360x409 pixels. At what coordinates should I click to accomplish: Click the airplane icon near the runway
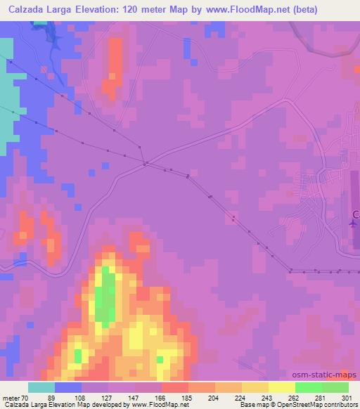(352, 223)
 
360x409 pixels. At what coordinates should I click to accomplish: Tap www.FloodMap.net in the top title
(236, 10)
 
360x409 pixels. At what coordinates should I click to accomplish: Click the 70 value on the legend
(23, 398)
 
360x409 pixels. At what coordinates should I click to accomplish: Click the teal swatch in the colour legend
(41, 387)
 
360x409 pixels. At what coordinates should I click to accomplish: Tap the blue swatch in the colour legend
(68, 387)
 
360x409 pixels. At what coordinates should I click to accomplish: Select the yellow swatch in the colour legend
(255, 387)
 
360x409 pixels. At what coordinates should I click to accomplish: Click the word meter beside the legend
(9, 398)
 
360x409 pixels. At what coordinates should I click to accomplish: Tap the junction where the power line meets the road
(144, 164)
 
